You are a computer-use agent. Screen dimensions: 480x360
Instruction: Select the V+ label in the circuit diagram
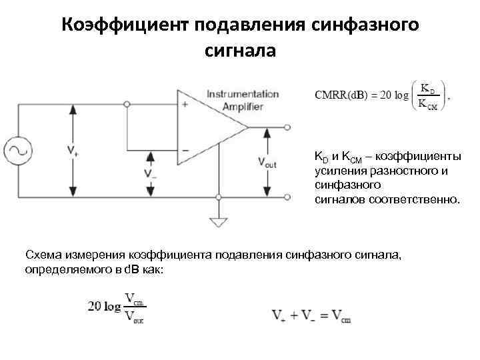click(x=71, y=151)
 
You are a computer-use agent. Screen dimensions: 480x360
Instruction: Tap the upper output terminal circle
click(x=288, y=126)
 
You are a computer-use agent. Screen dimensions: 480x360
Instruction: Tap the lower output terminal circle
click(x=288, y=197)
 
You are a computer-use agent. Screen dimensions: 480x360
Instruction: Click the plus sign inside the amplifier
click(x=184, y=104)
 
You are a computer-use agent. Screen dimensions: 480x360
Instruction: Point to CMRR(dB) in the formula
click(x=341, y=95)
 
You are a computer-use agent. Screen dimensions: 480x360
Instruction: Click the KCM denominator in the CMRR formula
click(x=428, y=103)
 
